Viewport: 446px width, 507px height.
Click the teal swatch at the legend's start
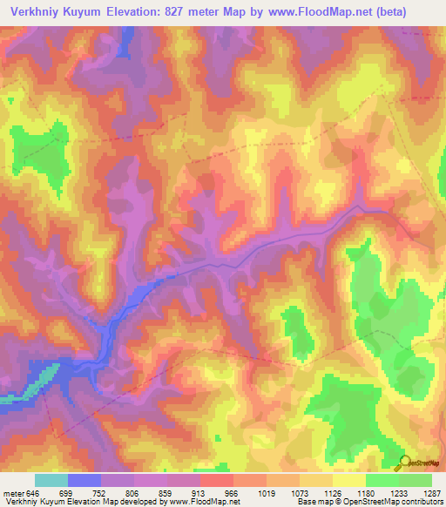[x=51, y=479]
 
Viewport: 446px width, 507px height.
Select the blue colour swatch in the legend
[x=84, y=479]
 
